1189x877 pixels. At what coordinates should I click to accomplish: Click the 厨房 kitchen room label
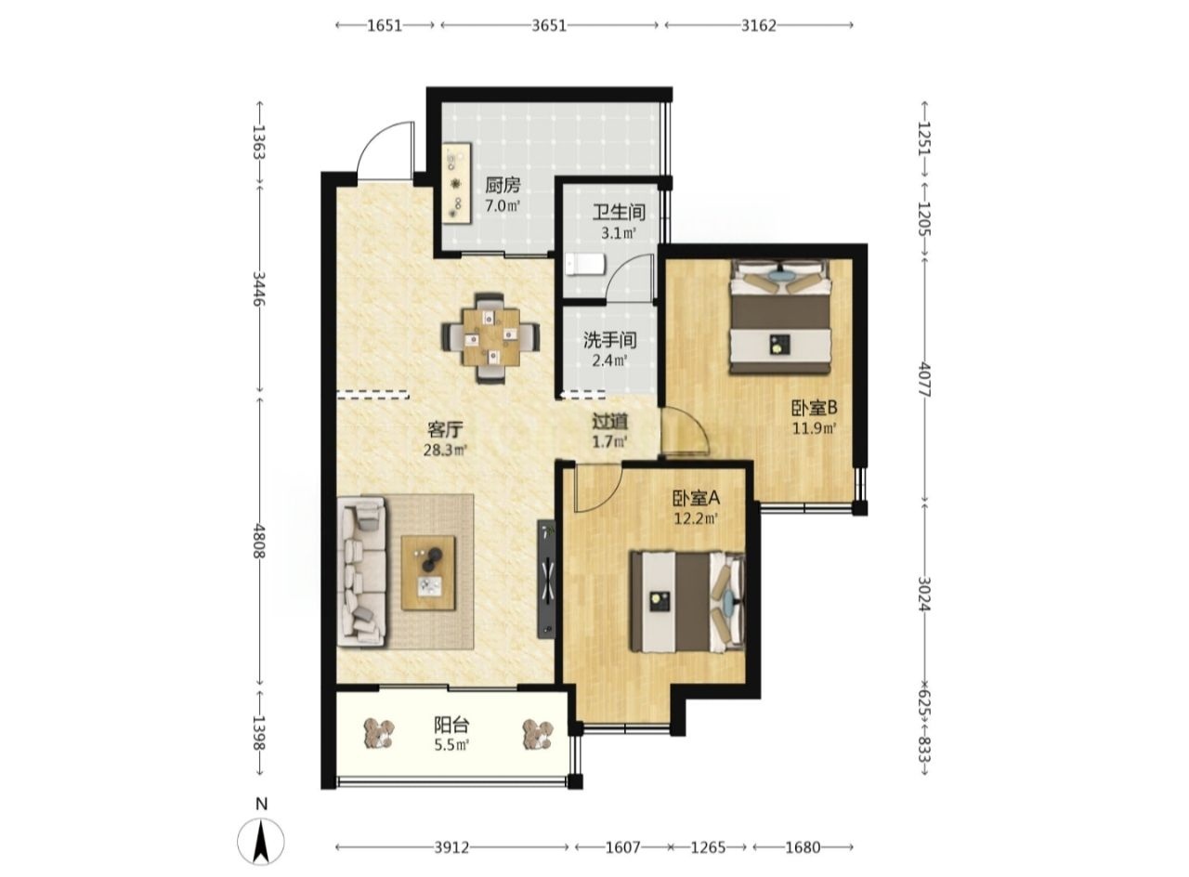pos(503,185)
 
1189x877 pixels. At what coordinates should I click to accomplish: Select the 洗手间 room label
pos(610,340)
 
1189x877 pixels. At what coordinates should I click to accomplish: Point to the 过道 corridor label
pos(610,422)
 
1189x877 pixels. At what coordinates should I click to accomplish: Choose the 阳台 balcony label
pos(451,725)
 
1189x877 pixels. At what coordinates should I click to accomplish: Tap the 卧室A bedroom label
pos(696,498)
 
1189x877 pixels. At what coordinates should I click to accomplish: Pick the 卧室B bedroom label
pos(815,408)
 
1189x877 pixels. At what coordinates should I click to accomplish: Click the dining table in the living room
pos(491,337)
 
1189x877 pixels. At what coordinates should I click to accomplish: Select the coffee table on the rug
pos(428,573)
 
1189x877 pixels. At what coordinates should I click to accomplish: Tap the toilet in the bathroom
pos(584,264)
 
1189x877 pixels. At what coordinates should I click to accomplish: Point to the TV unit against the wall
pos(547,579)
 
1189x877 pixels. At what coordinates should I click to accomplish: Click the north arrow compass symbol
pos(261,843)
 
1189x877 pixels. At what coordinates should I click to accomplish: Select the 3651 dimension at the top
pos(549,25)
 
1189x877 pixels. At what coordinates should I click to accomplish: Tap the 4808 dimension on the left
pos(258,541)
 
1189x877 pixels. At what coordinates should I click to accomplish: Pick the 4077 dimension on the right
pos(924,380)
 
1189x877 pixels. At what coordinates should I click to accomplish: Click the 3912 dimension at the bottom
pos(451,847)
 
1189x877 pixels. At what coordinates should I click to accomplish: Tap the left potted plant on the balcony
pos(379,734)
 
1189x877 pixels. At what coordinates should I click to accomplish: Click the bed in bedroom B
pos(779,316)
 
